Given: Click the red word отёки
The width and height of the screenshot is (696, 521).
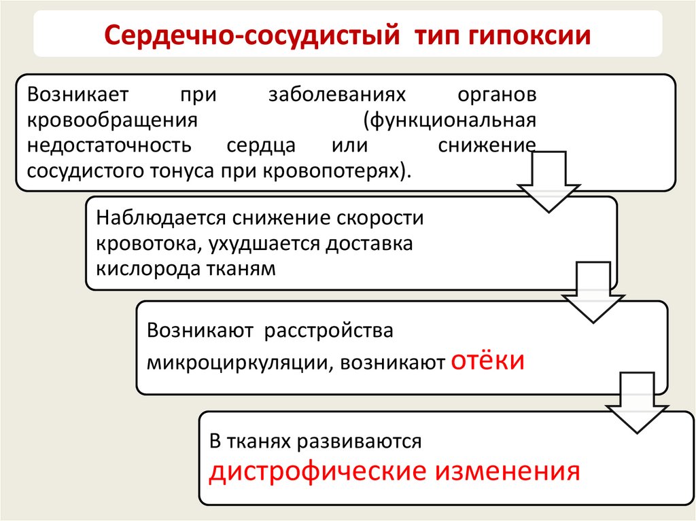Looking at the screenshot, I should tap(487, 359).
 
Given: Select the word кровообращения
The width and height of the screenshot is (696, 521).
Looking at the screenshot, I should tap(111, 120).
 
